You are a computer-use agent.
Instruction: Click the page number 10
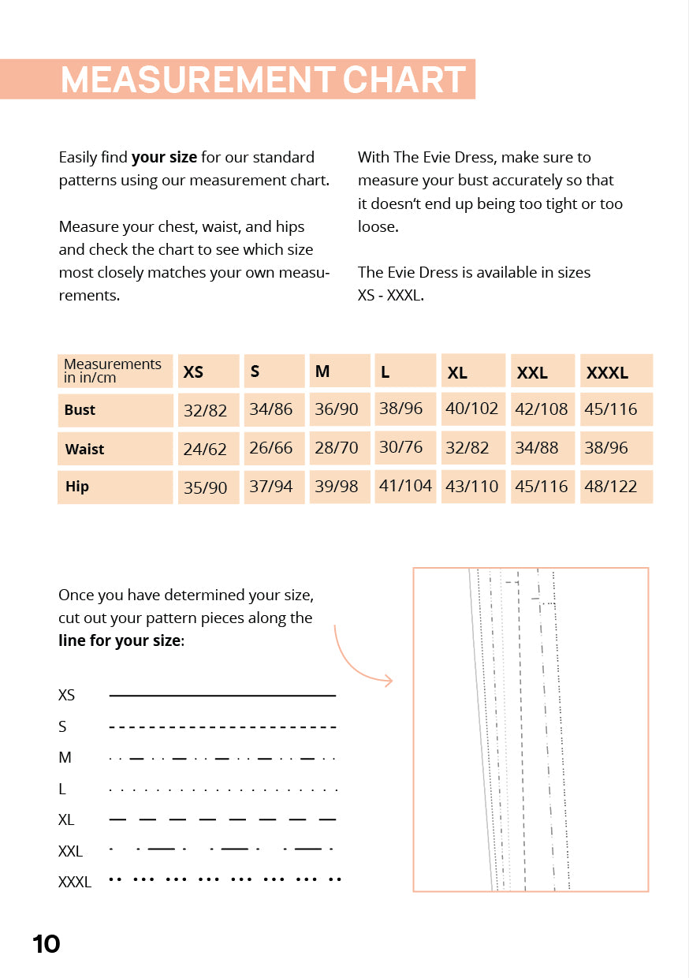tap(47, 944)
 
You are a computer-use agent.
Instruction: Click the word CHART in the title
tap(404, 80)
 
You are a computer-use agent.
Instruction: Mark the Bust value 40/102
tap(471, 409)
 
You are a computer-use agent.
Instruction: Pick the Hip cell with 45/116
tap(542, 487)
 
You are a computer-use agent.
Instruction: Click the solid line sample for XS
tap(222, 696)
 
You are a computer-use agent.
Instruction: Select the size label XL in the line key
tap(66, 820)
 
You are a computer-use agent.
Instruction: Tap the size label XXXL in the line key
tap(75, 882)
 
